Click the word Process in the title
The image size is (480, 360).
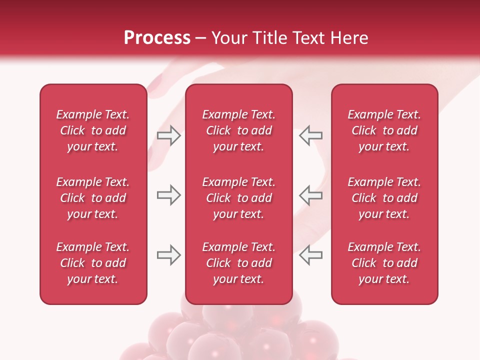coord(157,38)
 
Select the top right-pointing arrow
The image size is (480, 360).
coord(169,135)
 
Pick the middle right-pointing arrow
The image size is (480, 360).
coord(169,195)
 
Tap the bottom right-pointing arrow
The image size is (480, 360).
coord(169,255)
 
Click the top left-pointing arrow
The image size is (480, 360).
coord(310,135)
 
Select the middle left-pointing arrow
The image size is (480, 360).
coord(310,195)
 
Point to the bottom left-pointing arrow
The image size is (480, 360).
coord(310,255)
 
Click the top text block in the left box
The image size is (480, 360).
coord(93,130)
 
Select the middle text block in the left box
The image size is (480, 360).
coord(93,198)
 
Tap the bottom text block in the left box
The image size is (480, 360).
coord(93,263)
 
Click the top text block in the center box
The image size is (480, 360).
coord(239,130)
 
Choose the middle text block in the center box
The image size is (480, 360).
coord(239,198)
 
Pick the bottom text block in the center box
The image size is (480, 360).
coord(239,263)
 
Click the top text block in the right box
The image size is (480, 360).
coord(384,130)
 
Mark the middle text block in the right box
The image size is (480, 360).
coord(384,198)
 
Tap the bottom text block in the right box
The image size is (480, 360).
coord(384,263)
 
